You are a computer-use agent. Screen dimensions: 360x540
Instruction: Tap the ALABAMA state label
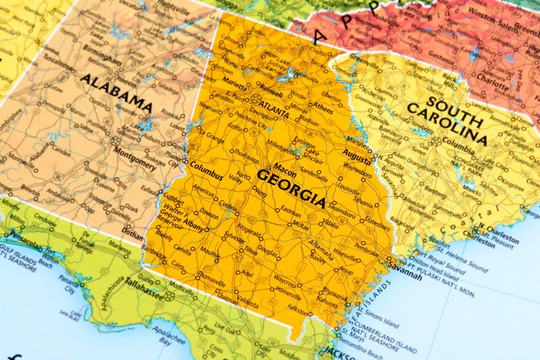pyautogui.click(x=116, y=92)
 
